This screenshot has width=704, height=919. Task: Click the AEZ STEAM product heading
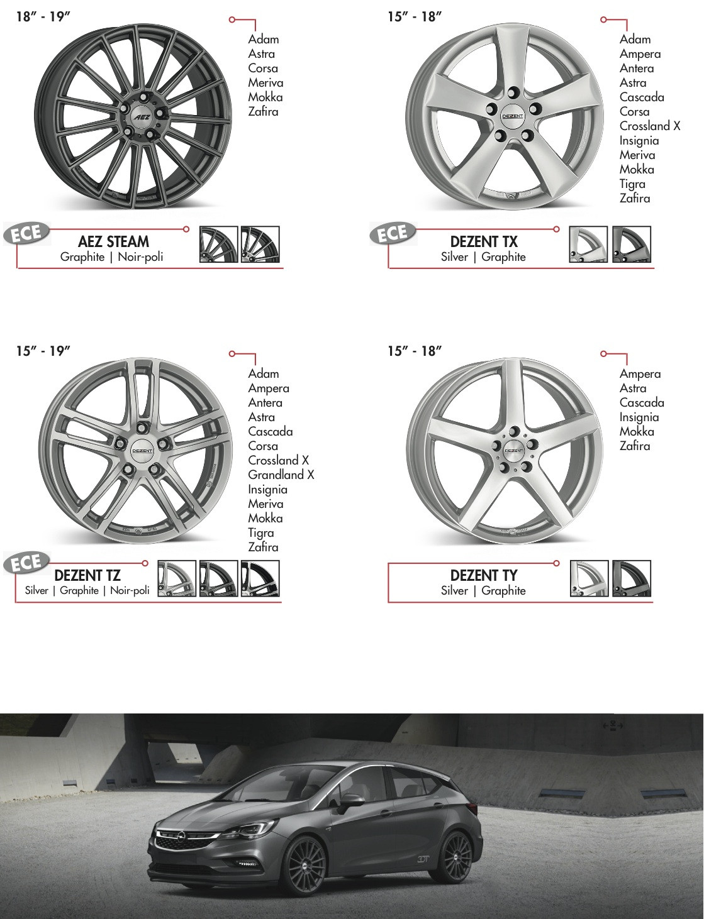pos(114,241)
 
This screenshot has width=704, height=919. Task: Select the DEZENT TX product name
pos(484,241)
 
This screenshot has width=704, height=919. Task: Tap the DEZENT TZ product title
pos(87,575)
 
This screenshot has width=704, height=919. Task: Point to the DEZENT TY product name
pos(484,575)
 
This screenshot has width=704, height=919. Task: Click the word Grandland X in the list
pos(281,475)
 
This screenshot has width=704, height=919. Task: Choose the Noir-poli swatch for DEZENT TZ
pos(260,578)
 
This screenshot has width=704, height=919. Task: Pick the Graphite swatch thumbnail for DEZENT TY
pos(632,578)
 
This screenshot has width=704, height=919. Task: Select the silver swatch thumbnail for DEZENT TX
pos(588,245)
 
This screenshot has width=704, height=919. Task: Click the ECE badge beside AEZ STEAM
pos(26,233)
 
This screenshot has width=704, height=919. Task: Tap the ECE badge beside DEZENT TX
pos(393,233)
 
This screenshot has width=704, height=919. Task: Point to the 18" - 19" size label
pos(43,17)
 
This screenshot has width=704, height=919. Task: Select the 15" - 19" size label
pos(43,351)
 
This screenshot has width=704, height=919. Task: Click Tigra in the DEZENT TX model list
pos(632,184)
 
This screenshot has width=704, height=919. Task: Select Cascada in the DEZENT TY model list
pos(642,403)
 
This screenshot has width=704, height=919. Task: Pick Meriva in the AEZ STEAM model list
pos(265,83)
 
